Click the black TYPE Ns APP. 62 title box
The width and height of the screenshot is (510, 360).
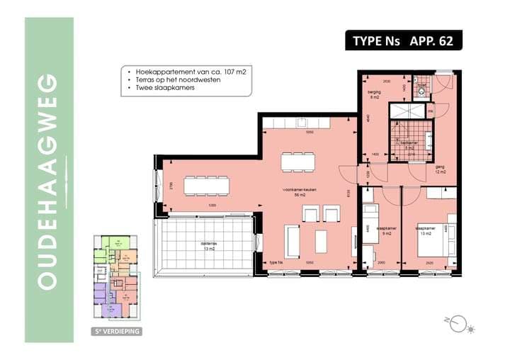pos(403,40)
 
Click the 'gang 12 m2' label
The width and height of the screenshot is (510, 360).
pos(440,169)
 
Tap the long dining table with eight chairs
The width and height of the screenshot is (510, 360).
pos(207,186)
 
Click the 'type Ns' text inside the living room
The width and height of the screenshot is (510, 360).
pos(276,263)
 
